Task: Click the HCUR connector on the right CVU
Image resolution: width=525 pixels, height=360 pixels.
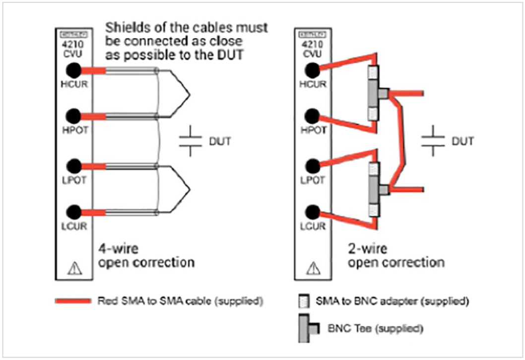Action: (x=313, y=70)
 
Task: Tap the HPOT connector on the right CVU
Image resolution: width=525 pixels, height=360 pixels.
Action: (x=313, y=116)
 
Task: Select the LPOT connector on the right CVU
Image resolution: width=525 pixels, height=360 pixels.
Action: (x=313, y=165)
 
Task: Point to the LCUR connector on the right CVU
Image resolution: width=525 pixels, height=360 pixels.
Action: (x=313, y=212)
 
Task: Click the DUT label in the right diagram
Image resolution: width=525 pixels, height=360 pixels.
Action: (x=462, y=142)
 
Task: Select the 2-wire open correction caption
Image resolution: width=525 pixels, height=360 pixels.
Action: (x=395, y=255)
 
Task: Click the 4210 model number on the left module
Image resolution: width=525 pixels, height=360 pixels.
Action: (x=73, y=44)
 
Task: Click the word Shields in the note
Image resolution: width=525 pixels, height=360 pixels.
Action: (x=128, y=27)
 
